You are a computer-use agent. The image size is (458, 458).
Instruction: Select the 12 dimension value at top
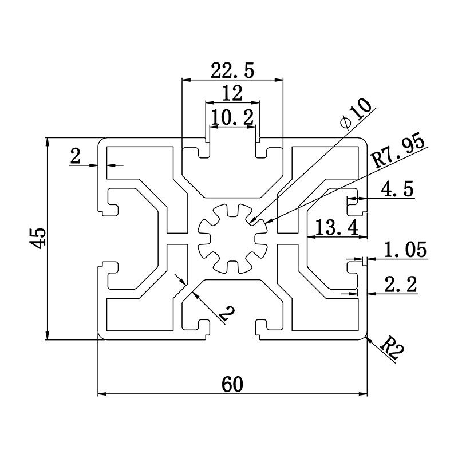point(232,93)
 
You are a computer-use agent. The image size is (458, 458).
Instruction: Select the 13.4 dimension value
point(333,228)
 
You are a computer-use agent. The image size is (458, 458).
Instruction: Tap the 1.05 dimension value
point(405,250)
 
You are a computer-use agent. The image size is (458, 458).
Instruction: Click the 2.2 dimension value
point(401,283)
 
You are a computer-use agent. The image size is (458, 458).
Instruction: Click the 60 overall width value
point(232,384)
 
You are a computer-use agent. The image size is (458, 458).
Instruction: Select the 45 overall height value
point(38,238)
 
